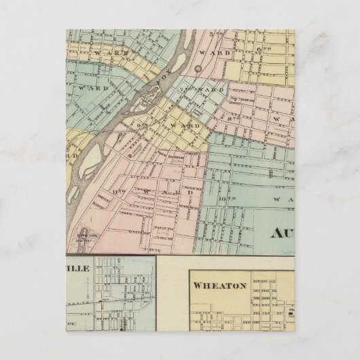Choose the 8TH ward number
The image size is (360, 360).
pos(236,119)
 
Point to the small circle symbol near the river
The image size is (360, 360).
pos(197,68)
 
